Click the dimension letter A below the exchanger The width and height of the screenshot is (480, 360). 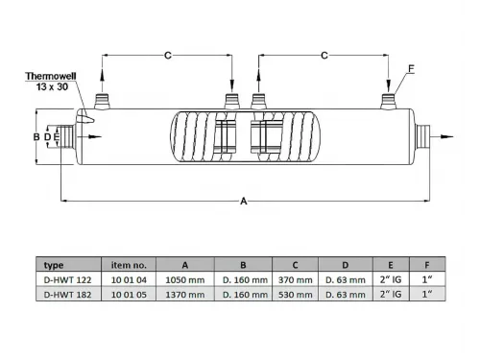pos(244,202)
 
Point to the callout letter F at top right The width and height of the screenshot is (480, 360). pos(411,68)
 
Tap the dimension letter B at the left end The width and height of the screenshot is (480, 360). pos(36,137)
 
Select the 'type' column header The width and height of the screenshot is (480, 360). pos(55,264)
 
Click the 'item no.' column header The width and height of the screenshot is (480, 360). pos(129,264)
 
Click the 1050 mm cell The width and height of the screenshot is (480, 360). pos(185,279)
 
